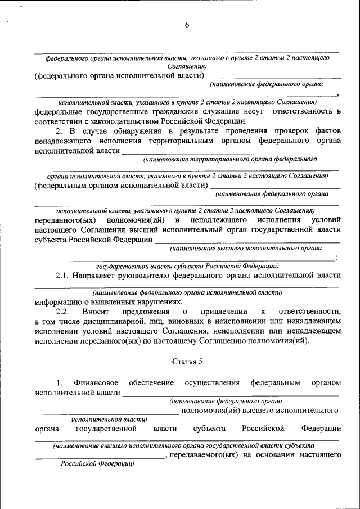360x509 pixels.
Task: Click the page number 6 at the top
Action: [x=187, y=24]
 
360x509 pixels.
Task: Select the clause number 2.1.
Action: [x=64, y=276]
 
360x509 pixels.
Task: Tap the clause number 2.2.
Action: [x=64, y=311]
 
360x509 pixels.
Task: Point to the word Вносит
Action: [x=96, y=311]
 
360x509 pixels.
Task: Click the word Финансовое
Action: [x=96, y=382]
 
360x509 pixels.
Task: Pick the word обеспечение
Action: [x=151, y=382]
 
